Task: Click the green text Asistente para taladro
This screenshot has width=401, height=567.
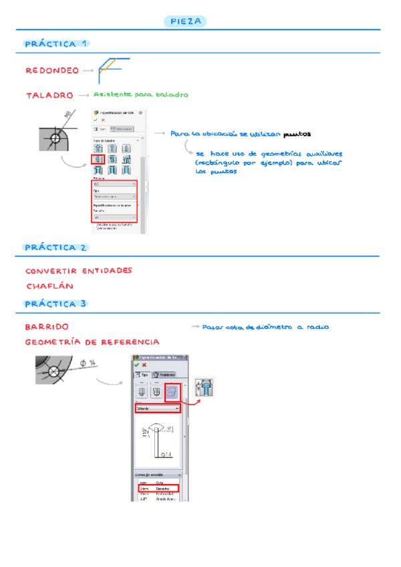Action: [140, 94]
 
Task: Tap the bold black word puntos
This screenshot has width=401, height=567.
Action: [299, 134]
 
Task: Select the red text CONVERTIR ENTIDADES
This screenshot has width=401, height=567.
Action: [79, 271]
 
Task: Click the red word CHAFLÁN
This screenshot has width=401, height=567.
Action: [49, 286]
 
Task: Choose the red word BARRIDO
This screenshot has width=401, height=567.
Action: [47, 327]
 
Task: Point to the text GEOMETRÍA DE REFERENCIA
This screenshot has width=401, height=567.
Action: [92, 342]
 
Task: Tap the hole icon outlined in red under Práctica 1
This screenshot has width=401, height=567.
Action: [98, 161]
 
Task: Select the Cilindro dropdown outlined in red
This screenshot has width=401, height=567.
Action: [158, 408]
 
